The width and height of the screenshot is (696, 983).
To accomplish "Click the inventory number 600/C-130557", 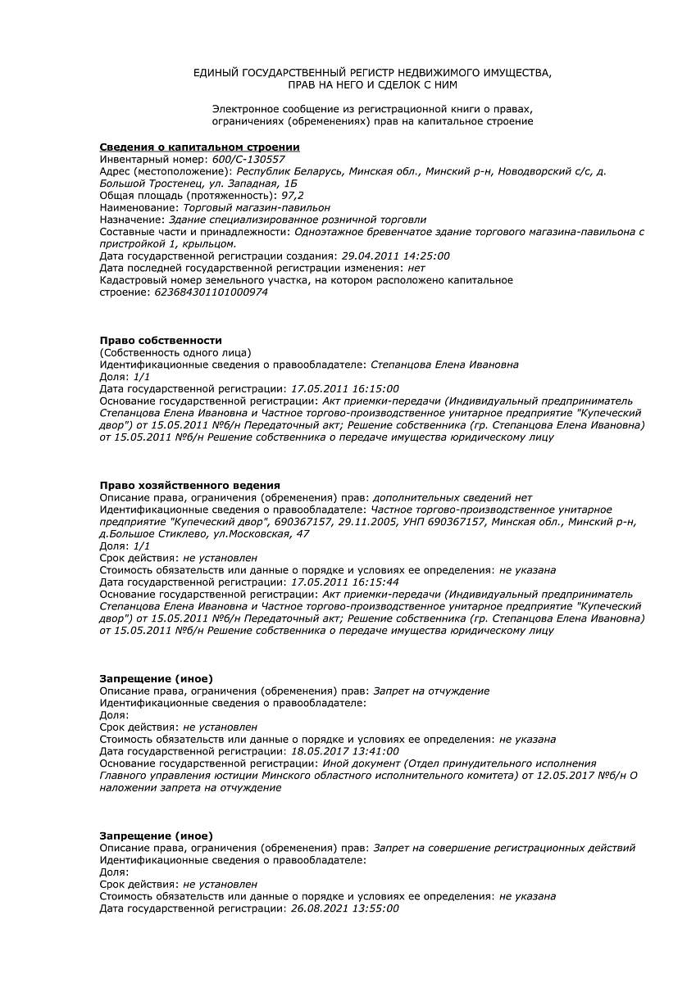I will [248, 160].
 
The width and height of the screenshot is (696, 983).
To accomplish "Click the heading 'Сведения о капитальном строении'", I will [199, 147].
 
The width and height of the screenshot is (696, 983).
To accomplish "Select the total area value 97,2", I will [293, 196].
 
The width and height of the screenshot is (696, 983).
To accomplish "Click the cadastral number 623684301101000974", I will [211, 292].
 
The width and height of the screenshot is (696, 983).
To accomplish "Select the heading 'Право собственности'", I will [161, 341].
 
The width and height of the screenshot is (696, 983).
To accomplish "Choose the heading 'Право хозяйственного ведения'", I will [189, 486].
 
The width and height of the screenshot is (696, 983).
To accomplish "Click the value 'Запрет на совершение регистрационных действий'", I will [503, 849].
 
